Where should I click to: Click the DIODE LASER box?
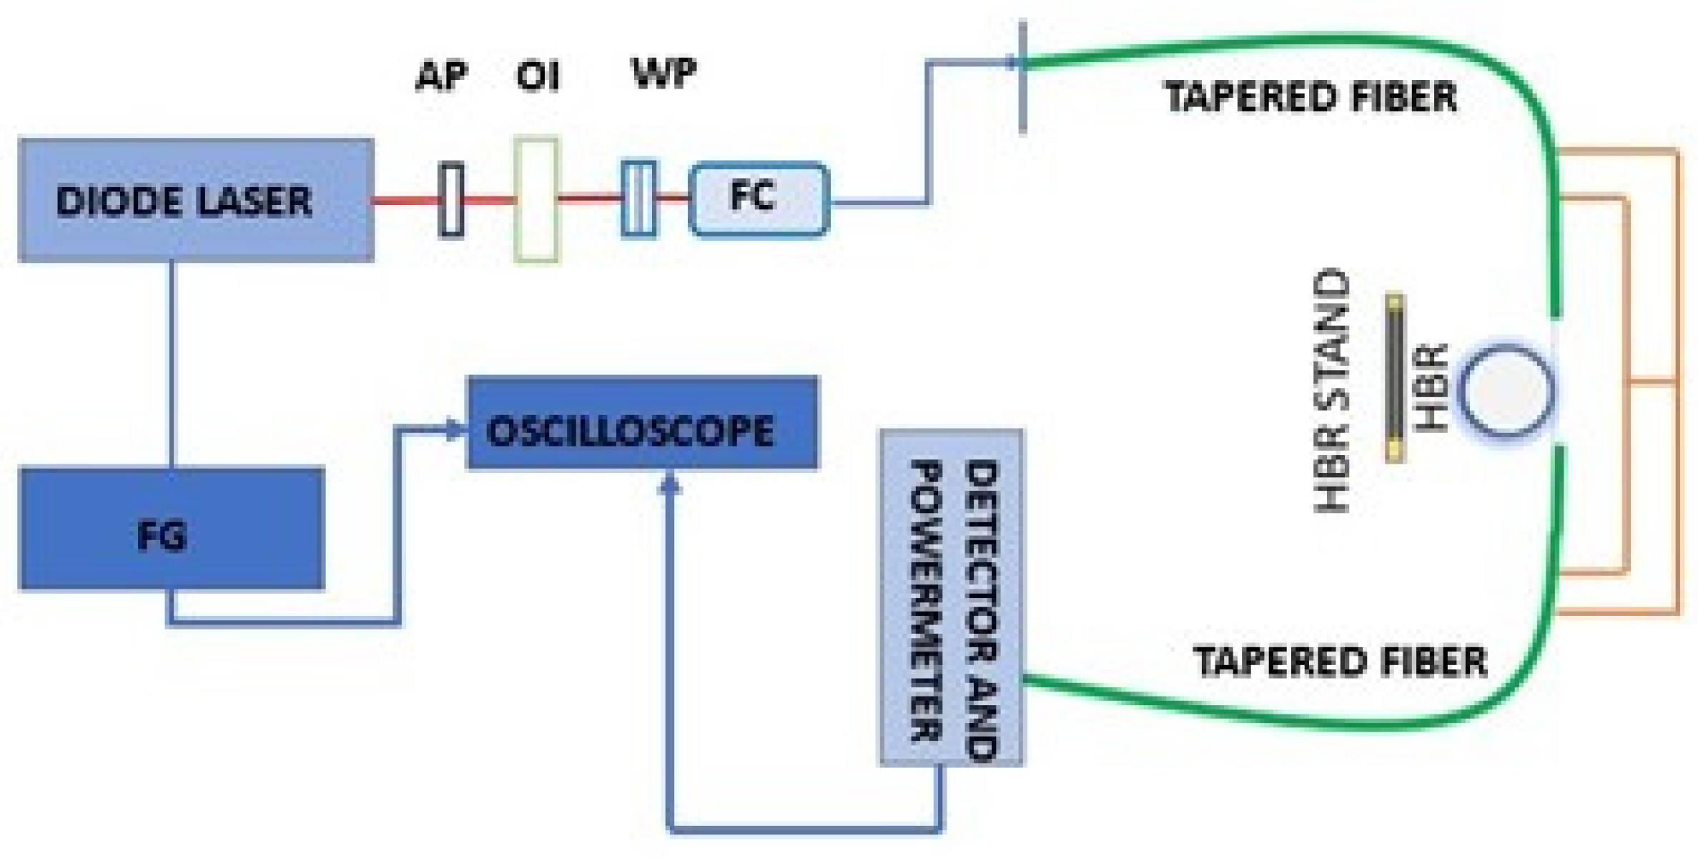click(x=195, y=200)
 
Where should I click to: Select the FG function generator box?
click(x=172, y=529)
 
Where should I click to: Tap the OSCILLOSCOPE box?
click(x=642, y=423)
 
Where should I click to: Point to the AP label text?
click(x=442, y=76)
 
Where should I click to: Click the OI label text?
click(x=538, y=76)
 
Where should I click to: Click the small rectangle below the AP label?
click(x=450, y=200)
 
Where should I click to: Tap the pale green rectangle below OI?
click(x=536, y=200)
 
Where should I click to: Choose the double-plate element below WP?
click(x=638, y=199)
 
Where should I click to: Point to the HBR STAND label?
click(x=1332, y=391)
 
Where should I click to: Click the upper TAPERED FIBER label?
click(x=1310, y=97)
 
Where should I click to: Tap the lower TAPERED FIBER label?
click(x=1340, y=662)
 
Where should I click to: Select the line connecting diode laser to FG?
click(x=172, y=364)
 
